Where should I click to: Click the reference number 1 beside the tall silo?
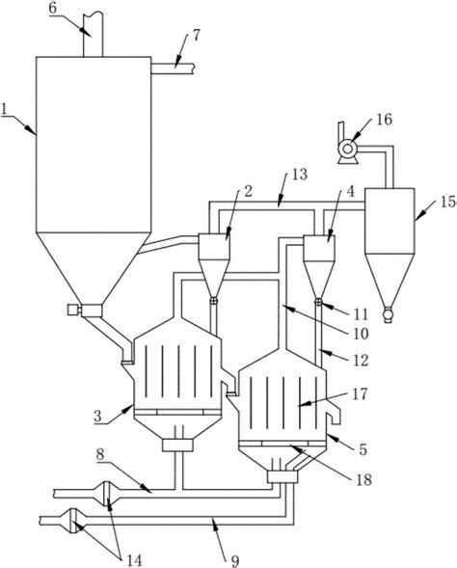[4, 108]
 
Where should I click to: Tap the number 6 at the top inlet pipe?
[53, 8]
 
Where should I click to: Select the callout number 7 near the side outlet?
[196, 36]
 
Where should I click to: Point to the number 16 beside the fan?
[385, 119]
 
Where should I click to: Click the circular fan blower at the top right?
[348, 149]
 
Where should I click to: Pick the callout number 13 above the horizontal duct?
[300, 175]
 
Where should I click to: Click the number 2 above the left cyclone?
[248, 191]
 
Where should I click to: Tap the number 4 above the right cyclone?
[351, 191]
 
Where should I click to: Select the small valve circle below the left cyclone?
[214, 301]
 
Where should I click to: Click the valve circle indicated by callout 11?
[318, 302]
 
